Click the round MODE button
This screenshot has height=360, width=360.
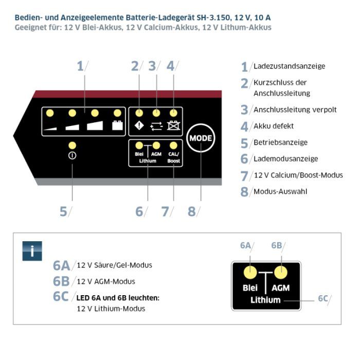[200, 139]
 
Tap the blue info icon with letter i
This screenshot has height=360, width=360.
[32, 251]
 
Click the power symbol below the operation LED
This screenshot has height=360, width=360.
[72, 156]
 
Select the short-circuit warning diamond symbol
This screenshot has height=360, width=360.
[139, 124]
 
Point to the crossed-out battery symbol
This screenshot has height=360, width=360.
[174, 124]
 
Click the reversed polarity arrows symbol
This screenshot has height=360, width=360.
[156, 124]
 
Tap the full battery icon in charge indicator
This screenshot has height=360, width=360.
[117, 125]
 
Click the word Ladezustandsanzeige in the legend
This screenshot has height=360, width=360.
[290, 66]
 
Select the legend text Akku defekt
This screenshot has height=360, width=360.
[274, 126]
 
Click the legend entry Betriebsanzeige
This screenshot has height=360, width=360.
[281, 142]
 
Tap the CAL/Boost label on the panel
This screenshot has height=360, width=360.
[174, 157]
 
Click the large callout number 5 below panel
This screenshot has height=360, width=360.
[63, 211]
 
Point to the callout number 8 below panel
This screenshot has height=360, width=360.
[191, 211]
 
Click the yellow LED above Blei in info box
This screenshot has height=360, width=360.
[250, 271]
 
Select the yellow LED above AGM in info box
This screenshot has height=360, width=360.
[281, 271]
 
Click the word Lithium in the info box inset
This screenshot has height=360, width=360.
[265, 299]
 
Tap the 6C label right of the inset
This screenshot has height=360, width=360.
[322, 299]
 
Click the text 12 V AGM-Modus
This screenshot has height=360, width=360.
[106, 281]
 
